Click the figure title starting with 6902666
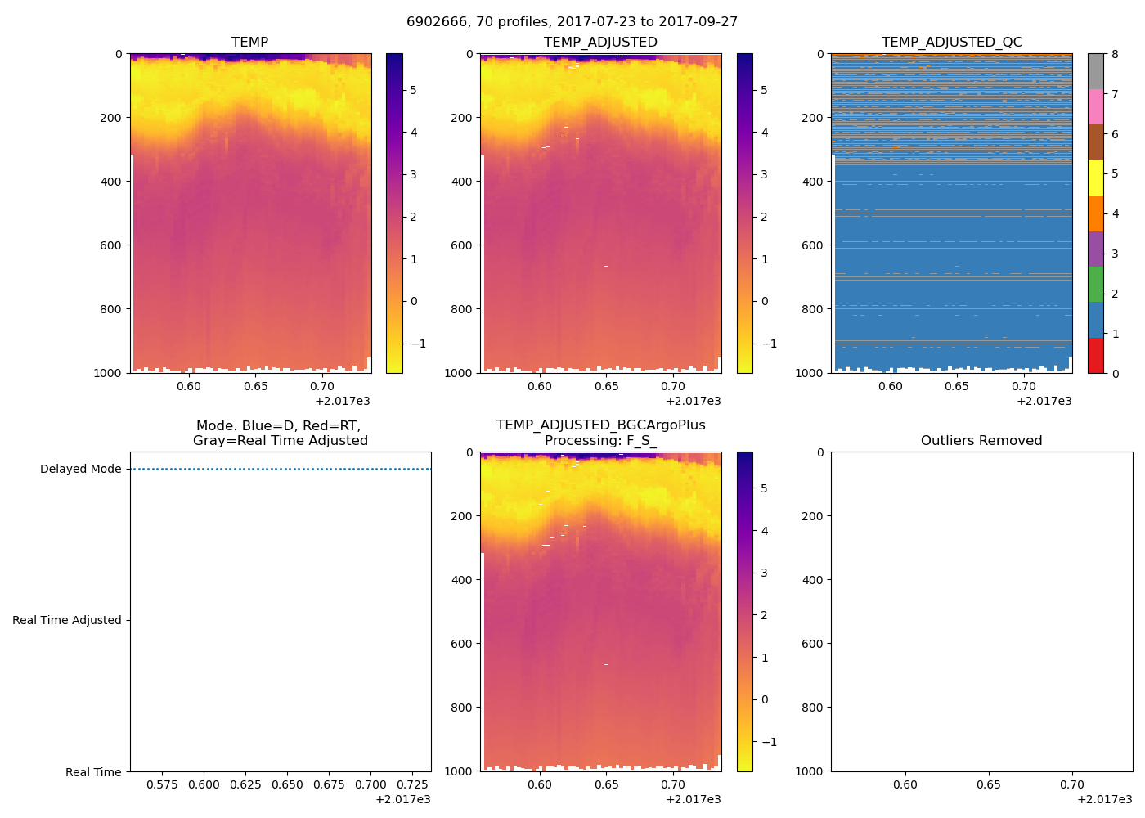[x=572, y=22]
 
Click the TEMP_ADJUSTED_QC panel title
[x=951, y=42]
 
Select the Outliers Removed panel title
[x=981, y=440]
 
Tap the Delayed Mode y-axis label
[x=80, y=469]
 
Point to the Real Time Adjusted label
[x=66, y=620]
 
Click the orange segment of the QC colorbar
[x=1095, y=213]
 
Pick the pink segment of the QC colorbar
[x=1095, y=107]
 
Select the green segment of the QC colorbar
[x=1095, y=284]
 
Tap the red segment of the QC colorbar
[x=1095, y=356]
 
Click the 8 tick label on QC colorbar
[x=1115, y=54]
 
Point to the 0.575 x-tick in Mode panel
[x=162, y=784]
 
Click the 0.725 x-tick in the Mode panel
[x=413, y=784]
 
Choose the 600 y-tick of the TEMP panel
[x=111, y=245]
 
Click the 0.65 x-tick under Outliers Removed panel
[x=988, y=784]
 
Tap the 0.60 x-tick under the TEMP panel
[x=188, y=386]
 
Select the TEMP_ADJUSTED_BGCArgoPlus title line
[x=600, y=425]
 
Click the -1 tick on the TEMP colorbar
[x=418, y=344]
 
